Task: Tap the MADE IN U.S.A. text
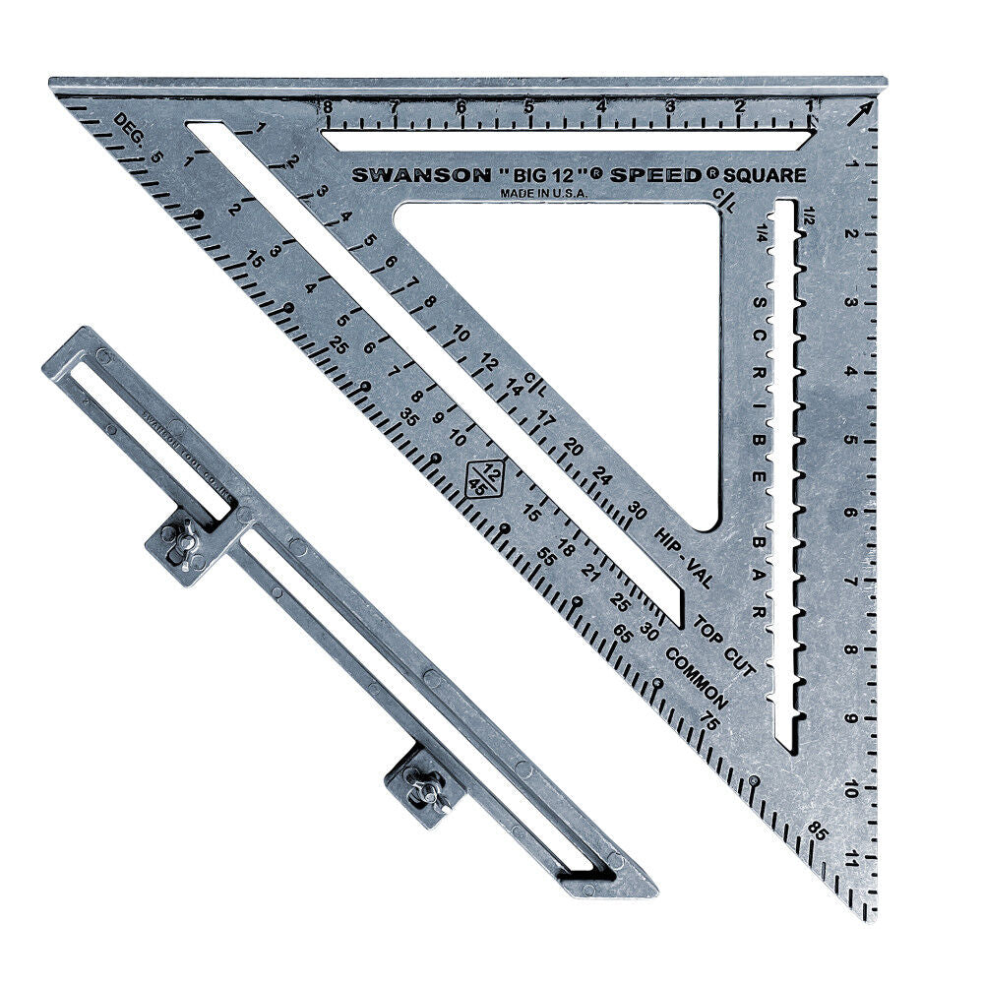[544, 194]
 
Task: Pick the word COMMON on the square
[696, 678]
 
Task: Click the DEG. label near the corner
[129, 126]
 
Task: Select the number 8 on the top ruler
[326, 106]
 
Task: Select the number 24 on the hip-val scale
[603, 479]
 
